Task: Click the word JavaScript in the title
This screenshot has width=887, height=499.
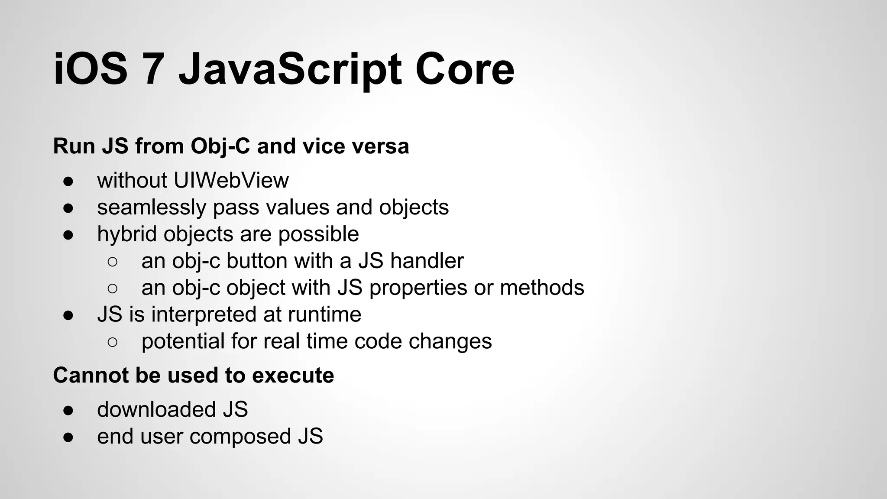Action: coord(289,69)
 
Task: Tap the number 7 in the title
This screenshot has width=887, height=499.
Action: coord(153,69)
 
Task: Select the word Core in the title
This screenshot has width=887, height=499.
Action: coord(464,69)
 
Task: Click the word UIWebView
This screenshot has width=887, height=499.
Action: coord(231,180)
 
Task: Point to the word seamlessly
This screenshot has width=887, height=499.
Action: coord(151,207)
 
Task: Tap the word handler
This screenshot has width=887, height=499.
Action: coord(427,261)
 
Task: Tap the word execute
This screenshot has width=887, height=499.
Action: coord(293,375)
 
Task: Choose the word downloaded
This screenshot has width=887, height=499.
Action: coord(156,409)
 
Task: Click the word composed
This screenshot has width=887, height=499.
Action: coord(240,436)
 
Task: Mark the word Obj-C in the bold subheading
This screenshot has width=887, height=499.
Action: coord(220,146)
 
